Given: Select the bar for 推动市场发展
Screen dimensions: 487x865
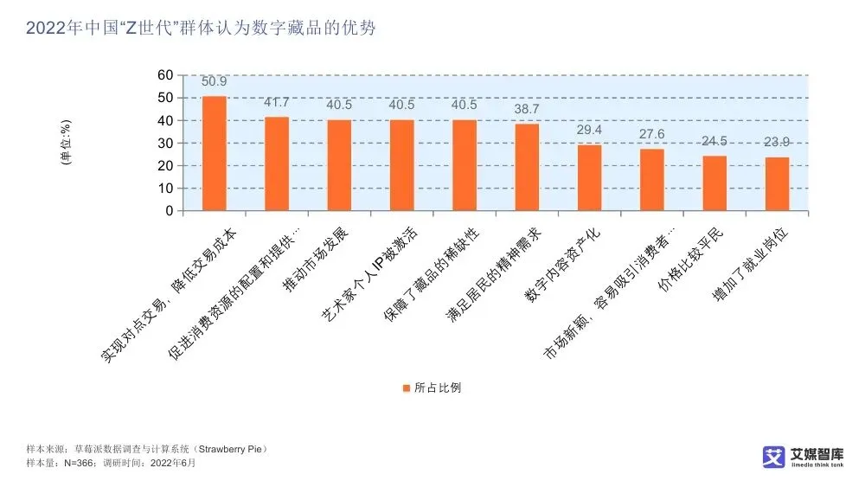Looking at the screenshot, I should click(x=339, y=165).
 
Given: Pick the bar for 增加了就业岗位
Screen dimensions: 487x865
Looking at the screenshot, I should click(x=777, y=183).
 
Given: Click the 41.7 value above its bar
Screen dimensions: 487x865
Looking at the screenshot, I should click(x=277, y=103).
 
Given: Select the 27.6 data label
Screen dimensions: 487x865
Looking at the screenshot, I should click(x=652, y=135).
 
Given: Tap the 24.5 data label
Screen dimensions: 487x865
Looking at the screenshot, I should click(x=714, y=142).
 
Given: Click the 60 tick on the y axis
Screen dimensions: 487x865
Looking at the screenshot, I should click(x=165, y=76).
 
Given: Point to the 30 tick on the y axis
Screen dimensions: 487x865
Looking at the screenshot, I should click(x=165, y=144).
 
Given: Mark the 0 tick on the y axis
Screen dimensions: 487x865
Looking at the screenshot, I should click(x=169, y=211).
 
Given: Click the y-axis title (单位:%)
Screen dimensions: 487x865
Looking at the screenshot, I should click(x=66, y=144).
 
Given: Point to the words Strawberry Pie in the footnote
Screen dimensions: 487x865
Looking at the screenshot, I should click(x=232, y=450).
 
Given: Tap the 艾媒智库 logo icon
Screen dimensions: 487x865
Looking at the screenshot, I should click(x=773, y=457).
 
